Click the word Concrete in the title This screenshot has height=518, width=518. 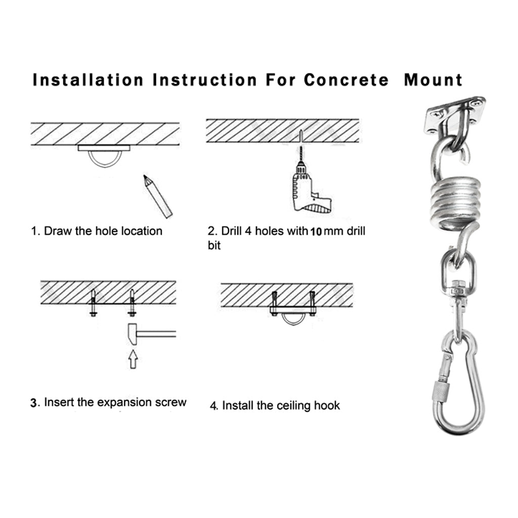346,80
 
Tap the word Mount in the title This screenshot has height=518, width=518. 433,80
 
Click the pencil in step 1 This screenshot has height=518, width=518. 158,196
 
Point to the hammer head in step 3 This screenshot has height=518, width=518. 132,334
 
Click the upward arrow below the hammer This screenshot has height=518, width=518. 133,360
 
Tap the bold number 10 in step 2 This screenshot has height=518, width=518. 316,232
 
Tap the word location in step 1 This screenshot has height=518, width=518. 142,231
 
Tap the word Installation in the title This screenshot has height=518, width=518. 88,80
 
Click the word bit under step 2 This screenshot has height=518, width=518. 214,245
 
